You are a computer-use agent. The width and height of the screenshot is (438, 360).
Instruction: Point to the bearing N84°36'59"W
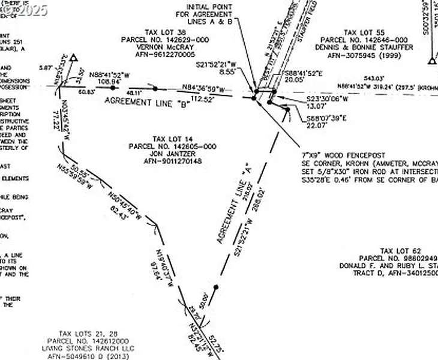206,89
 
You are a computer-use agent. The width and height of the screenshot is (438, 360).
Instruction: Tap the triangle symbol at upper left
74,58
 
